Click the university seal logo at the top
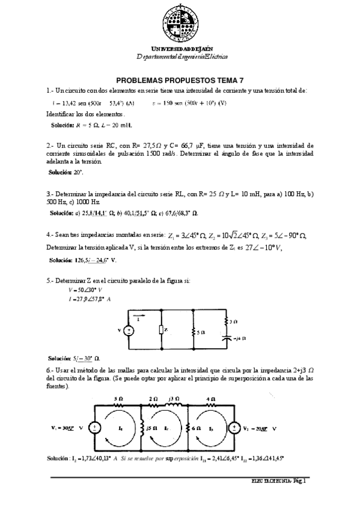(179, 22)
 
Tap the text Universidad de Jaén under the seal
(180, 48)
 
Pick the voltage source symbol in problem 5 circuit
(129, 330)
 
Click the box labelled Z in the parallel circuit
(162, 330)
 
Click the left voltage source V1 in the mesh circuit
(94, 428)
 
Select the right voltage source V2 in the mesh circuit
(231, 428)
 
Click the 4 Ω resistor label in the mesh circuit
(211, 399)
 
